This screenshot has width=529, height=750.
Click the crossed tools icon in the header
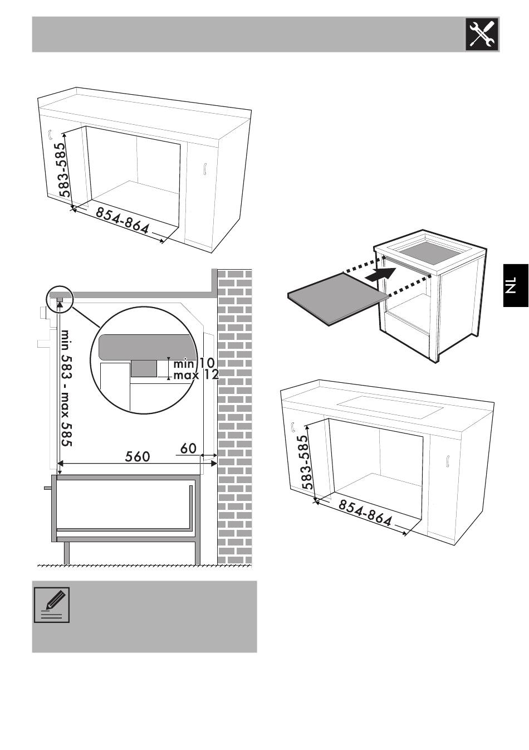coord(482,34)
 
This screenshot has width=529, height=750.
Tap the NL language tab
coord(516,285)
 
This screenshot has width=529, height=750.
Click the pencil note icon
coord(52,605)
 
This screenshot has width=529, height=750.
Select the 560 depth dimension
coord(138,457)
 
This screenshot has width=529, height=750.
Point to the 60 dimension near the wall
coord(188,449)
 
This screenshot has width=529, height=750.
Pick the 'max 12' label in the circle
coord(196,374)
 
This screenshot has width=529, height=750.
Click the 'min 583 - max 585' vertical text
coord(67,388)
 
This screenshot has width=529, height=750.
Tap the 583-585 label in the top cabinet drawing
coord(63,170)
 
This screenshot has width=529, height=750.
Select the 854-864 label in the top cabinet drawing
coord(123,221)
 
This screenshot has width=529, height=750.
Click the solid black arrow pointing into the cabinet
coord(382,274)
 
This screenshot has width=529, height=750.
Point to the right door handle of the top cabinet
coord(204,169)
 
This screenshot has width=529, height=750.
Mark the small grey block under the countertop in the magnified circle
coord(144,368)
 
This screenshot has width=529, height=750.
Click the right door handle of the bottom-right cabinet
coord(447,461)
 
